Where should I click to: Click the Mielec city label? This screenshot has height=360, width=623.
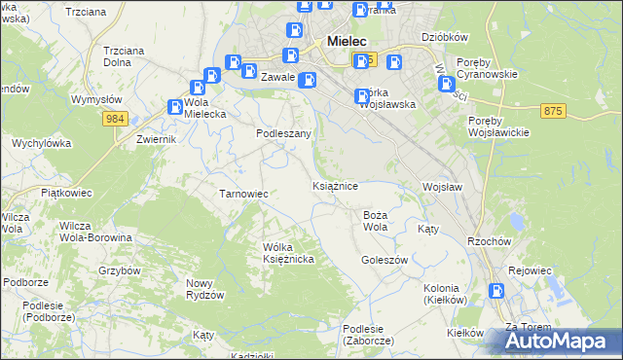pos(347,42)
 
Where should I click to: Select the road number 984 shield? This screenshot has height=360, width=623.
pos(116,118)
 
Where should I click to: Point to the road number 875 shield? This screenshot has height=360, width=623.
pos(554,112)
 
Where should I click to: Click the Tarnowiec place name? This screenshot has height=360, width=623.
pos(243,194)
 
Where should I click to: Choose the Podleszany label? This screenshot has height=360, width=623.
pos(283,133)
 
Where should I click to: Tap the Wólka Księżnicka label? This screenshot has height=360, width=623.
pos(288,253)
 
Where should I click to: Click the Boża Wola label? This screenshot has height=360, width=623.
pos(376,220)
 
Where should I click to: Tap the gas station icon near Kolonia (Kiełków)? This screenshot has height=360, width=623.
pos(497,289)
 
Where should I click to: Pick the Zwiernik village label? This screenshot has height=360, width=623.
pos(156,139)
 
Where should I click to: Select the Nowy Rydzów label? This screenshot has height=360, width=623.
pos(205,289)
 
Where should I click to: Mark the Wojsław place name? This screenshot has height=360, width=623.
pos(441,186)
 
